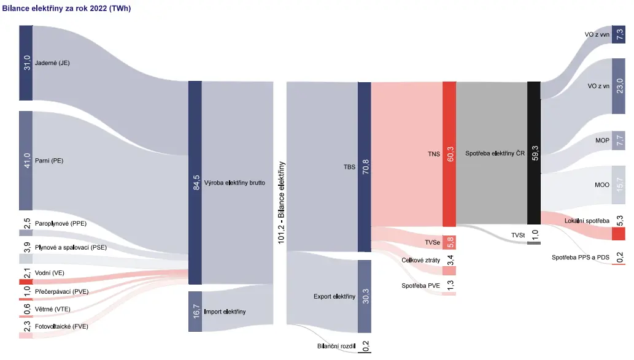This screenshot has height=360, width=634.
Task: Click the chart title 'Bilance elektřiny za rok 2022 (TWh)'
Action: click(67, 9)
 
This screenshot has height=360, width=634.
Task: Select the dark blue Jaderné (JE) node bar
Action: click(26, 63)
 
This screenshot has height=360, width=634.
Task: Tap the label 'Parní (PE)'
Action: click(49, 161)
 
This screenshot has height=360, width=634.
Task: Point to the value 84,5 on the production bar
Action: click(196, 183)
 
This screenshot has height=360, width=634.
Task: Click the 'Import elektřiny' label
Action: click(225, 312)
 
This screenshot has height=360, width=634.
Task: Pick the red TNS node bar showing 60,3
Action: click(449, 154)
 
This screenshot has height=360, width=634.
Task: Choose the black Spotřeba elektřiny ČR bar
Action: click(534, 153)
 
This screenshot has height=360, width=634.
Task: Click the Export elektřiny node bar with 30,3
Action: click(365, 296)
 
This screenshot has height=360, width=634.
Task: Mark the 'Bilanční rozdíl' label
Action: click(336, 347)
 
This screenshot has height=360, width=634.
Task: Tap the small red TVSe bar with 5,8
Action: click(449, 242)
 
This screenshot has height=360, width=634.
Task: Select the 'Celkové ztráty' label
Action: click(420, 260)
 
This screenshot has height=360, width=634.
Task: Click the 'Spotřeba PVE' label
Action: click(420, 286)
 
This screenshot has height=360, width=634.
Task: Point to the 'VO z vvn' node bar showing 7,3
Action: click(619, 34)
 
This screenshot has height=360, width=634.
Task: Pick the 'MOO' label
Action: click(601, 185)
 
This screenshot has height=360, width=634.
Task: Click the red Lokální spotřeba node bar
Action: click(619, 234)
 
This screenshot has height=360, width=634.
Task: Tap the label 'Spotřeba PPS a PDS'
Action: click(580, 258)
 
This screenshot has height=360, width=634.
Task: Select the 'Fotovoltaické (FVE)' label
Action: click(61, 326)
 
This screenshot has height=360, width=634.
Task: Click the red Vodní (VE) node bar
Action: click(26, 281)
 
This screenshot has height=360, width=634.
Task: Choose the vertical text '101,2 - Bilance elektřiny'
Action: click(282, 202)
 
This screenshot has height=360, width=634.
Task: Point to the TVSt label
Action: click(518, 235)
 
